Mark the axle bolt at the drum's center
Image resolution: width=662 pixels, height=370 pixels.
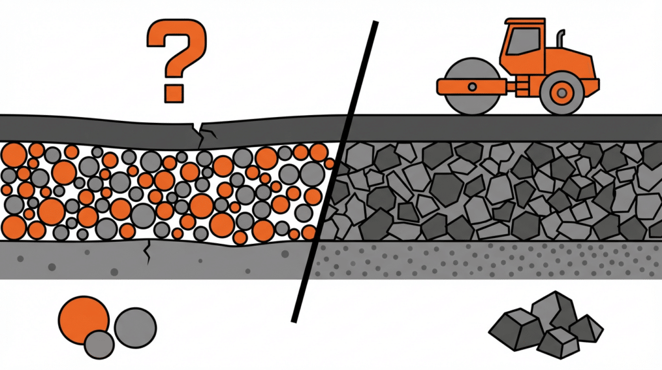pos(471,86)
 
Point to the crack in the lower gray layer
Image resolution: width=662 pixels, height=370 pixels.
pos(149,253)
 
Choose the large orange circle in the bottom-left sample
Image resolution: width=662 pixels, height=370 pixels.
pos(83,318)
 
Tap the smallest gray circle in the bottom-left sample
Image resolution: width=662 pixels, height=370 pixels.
pos(99,343)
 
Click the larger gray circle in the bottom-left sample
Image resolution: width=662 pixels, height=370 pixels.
pos(135,327)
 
